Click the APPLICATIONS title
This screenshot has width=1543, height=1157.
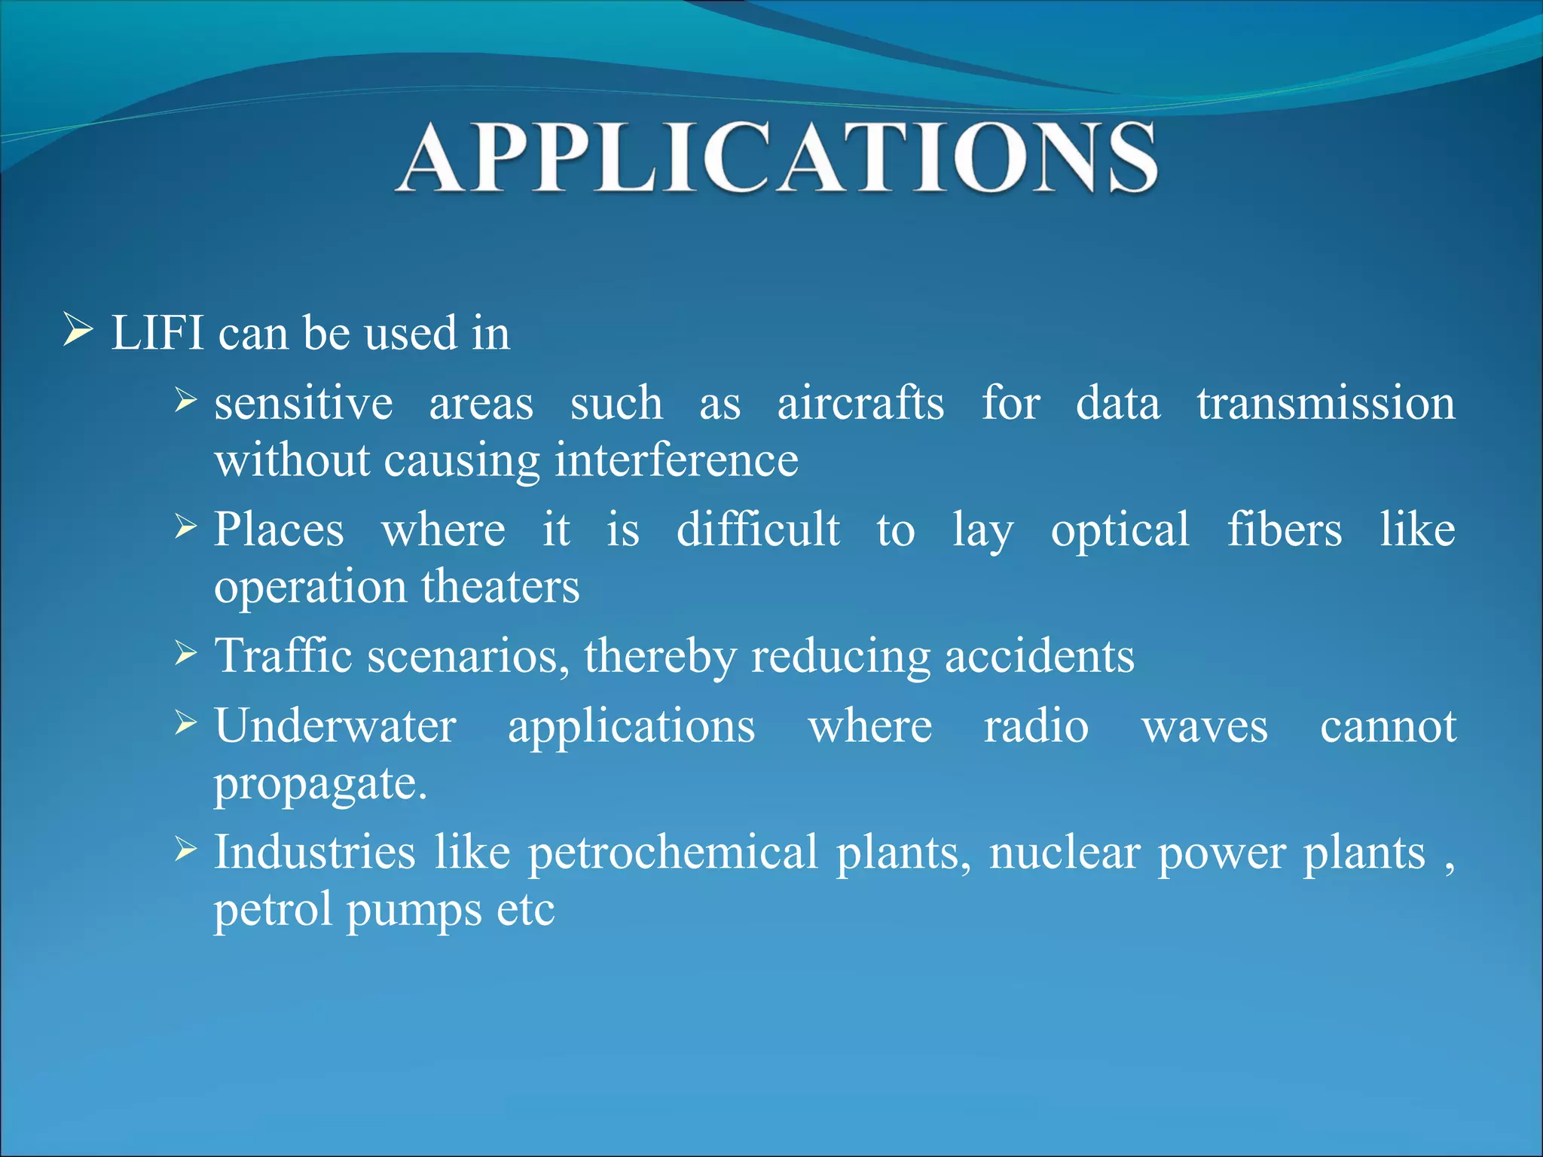tap(776, 158)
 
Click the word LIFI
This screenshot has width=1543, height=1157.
tap(157, 333)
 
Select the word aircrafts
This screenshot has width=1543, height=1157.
tap(860, 403)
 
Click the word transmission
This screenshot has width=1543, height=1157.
tap(1326, 403)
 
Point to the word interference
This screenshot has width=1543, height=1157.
tap(676, 460)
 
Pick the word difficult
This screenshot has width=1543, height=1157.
tap(758, 530)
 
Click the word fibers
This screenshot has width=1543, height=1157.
tap(1285, 530)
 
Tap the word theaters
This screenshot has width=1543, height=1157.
tap(500, 587)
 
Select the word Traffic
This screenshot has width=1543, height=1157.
tap(283, 655)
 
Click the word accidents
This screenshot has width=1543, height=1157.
tap(1039, 656)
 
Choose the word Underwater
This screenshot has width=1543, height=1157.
tap(335, 726)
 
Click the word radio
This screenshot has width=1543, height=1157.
tap(1036, 726)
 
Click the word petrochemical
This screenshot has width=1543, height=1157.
tap(672, 853)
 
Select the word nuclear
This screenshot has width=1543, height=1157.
tap(1064, 853)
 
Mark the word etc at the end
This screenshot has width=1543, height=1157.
tap(525, 910)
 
